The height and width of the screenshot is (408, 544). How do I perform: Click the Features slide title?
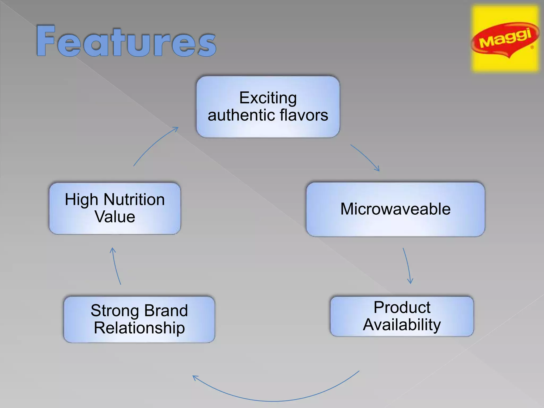tap(126, 41)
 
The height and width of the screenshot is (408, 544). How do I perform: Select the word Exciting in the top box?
tap(268, 98)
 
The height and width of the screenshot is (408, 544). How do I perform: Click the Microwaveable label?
tap(395, 209)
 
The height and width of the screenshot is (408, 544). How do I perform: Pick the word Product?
tap(402, 307)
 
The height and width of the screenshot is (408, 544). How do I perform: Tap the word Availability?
tap(402, 325)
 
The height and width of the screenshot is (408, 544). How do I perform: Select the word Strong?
tap(115, 311)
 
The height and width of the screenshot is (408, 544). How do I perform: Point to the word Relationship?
tap(139, 328)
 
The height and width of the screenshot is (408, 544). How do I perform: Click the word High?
tap(81, 200)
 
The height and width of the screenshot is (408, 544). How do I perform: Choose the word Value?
tap(115, 217)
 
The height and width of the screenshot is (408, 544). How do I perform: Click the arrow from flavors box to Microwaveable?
tap(365, 157)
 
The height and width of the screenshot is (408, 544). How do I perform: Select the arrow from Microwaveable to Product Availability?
tap(407, 266)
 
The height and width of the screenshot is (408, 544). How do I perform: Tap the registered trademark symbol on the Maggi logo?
tap(532, 48)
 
